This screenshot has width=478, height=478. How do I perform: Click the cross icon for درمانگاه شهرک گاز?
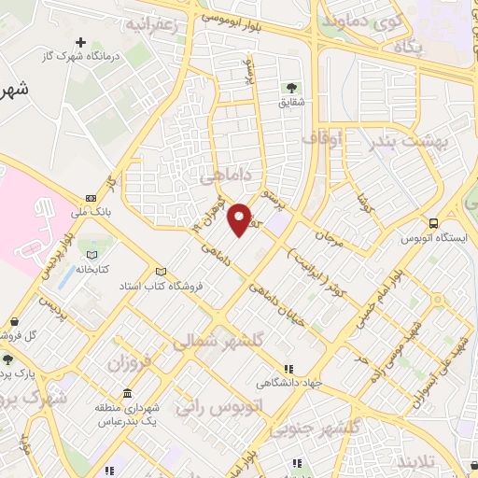81,43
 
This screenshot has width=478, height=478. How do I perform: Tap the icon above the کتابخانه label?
91,253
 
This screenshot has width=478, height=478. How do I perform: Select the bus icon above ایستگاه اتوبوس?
434,223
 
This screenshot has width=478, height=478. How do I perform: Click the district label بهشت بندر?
408,140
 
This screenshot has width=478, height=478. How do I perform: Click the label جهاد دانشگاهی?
290,382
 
